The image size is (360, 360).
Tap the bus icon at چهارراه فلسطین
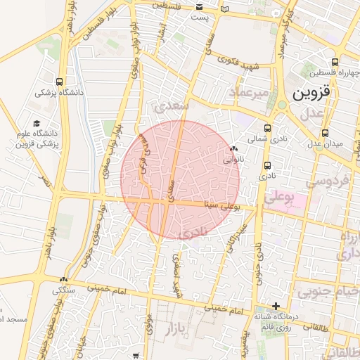(x=335, y=61)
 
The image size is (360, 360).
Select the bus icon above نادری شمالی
(x=267, y=128)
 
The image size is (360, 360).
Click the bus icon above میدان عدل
(x=324, y=133)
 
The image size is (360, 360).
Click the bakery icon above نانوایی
(x=233, y=148)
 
